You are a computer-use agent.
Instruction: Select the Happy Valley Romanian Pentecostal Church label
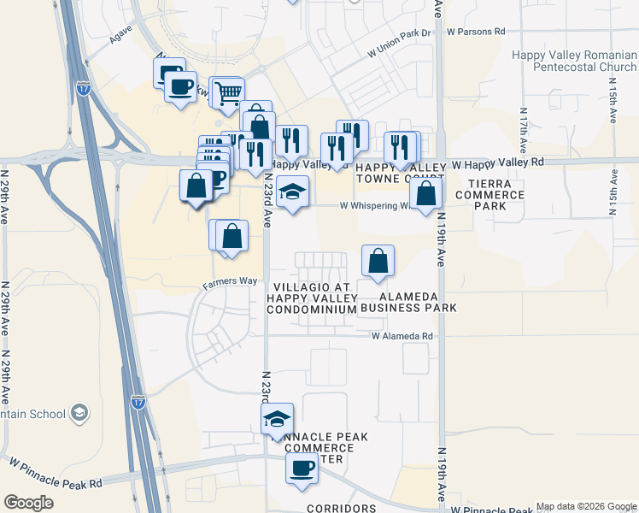click(573, 61)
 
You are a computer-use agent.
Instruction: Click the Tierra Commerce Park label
click(490, 195)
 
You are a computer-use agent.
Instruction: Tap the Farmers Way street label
click(230, 281)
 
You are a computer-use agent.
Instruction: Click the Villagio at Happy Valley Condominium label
click(311, 298)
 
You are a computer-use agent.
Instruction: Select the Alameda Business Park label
click(408, 301)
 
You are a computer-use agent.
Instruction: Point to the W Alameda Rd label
click(402, 337)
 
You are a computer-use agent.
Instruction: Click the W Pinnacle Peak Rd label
click(56, 472)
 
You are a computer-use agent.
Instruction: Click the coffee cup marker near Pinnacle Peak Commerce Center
click(301, 469)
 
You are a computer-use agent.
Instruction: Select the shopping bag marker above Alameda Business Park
click(378, 261)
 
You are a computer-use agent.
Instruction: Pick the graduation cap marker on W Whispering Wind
click(292, 192)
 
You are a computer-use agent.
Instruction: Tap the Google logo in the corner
click(29, 503)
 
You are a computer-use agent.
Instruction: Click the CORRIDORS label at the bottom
click(342, 508)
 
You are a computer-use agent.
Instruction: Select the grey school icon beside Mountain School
click(79, 414)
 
